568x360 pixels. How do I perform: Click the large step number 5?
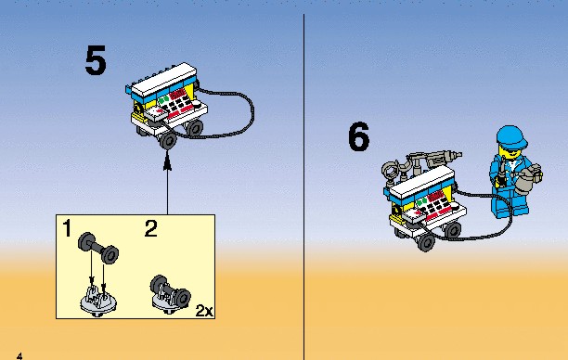click(96, 60)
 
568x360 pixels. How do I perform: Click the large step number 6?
click(358, 136)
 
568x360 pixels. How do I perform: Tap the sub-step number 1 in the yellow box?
click(67, 228)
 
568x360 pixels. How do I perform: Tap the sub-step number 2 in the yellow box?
click(151, 228)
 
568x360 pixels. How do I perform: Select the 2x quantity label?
click(204, 311)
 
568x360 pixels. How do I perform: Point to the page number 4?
click(19, 356)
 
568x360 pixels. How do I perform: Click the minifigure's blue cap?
click(511, 137)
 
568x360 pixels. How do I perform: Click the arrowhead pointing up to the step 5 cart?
click(167, 161)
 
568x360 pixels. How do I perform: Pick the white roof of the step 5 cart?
click(164, 80)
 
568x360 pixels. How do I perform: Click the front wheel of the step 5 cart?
click(168, 140)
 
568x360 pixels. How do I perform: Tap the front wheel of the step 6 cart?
click(426, 242)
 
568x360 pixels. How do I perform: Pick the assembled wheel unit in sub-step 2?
click(170, 294)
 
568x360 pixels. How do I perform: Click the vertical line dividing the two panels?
click(303, 187)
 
